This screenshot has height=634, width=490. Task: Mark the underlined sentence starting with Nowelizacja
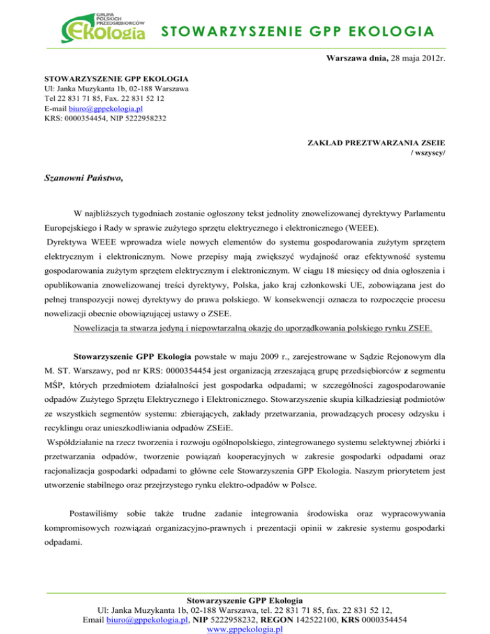click(x=253, y=329)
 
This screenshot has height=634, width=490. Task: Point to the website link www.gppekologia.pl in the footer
click(x=244, y=630)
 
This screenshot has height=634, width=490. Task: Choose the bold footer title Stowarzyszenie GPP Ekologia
click(x=245, y=600)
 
